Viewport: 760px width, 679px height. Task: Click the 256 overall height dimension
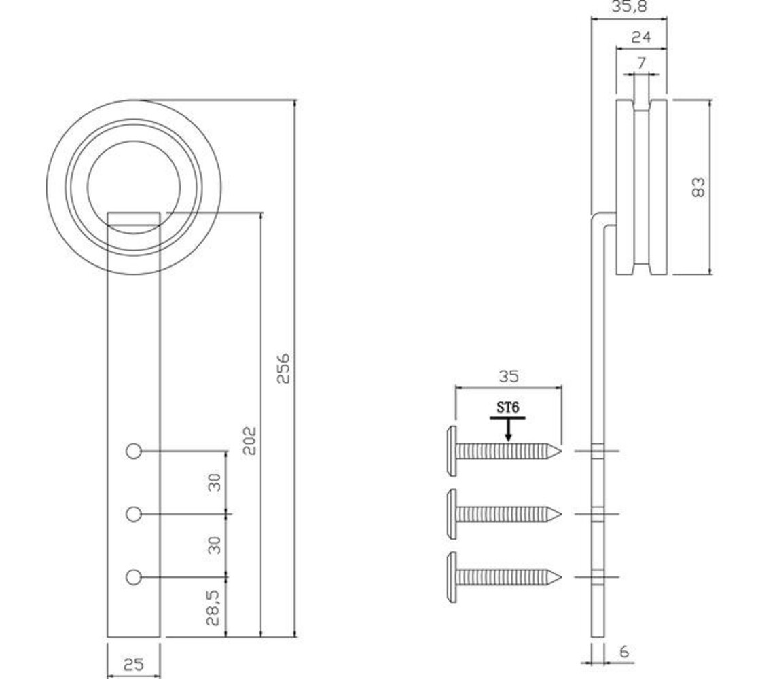tap(283, 367)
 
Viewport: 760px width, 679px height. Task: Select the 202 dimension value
tap(249, 440)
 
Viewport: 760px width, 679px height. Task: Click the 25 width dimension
tap(134, 665)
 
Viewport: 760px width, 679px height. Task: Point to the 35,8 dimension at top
tap(629, 7)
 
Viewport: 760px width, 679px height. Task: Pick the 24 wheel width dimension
tap(640, 37)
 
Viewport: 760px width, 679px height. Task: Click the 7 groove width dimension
tap(642, 63)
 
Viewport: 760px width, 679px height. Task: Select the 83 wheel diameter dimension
tap(698, 187)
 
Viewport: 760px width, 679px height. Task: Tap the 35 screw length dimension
tap(508, 376)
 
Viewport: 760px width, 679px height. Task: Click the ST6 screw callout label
tap(508, 407)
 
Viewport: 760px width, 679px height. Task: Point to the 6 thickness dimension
tap(624, 651)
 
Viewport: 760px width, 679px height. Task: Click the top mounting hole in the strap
tap(134, 451)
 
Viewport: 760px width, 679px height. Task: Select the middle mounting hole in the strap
tap(134, 514)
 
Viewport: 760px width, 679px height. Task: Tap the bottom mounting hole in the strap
tap(134, 577)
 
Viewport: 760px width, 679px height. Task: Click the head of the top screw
tap(452, 450)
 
